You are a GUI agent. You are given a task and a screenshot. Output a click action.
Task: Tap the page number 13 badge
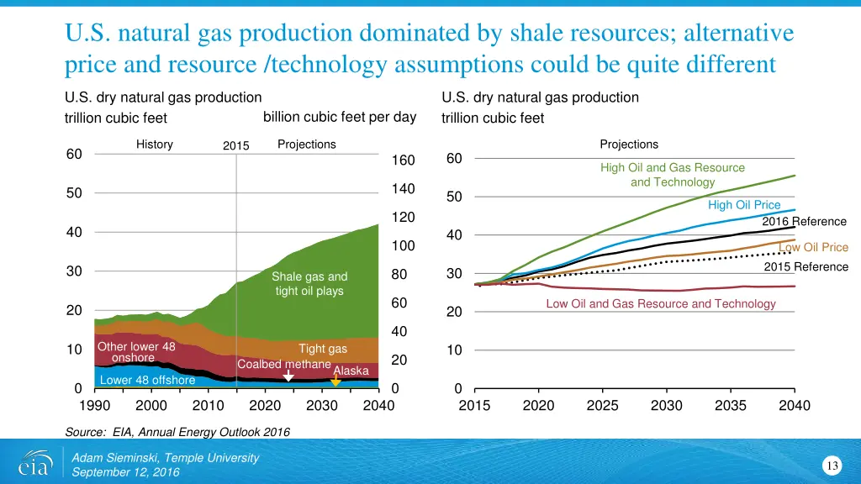pyautogui.click(x=832, y=466)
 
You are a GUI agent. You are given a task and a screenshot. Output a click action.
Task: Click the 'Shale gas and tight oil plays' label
pyautogui.click(x=309, y=284)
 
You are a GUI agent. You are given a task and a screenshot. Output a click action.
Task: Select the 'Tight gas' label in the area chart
pyautogui.click(x=323, y=349)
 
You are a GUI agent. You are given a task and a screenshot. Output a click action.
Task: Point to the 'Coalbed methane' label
pyautogui.click(x=283, y=365)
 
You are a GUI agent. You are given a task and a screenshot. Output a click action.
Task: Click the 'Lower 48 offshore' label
pyautogui.click(x=147, y=380)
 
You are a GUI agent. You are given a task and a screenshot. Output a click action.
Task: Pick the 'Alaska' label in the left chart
pyautogui.click(x=351, y=371)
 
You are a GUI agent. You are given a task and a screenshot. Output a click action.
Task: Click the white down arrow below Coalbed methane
pyautogui.click(x=288, y=379)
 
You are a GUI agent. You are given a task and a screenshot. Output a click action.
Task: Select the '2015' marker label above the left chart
pyautogui.click(x=236, y=146)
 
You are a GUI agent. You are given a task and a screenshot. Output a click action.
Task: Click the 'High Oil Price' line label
pyautogui.click(x=744, y=205)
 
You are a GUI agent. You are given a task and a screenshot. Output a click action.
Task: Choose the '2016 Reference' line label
pyautogui.click(x=804, y=222)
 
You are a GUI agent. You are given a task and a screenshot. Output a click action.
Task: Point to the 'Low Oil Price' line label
pyautogui.click(x=813, y=247)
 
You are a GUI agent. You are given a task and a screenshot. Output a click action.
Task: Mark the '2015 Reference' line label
pyautogui.click(x=806, y=267)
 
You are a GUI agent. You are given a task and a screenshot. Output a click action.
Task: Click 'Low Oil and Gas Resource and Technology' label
pyautogui.click(x=661, y=303)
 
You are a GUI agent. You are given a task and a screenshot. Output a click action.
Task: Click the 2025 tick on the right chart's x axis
pyautogui.click(x=602, y=406)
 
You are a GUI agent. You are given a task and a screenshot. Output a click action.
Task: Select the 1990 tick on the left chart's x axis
pyautogui.click(x=94, y=406)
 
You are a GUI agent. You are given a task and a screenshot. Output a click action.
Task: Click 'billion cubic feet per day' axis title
pyautogui.click(x=340, y=117)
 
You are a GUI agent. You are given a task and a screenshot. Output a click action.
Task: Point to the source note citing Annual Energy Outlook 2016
pyautogui.click(x=177, y=432)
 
